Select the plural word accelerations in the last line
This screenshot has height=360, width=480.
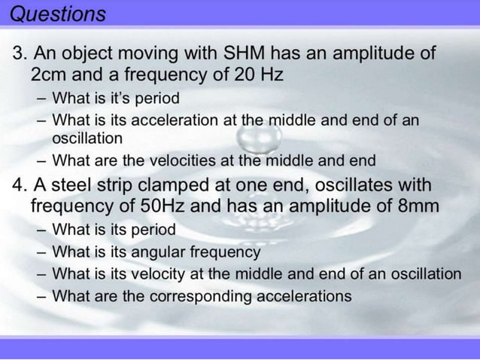point(305,296)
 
